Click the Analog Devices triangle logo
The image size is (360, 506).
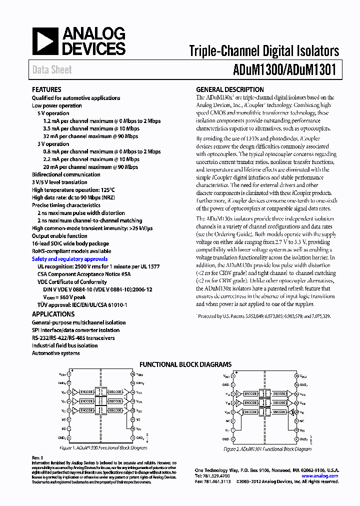(44, 41)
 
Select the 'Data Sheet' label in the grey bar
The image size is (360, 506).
(52, 70)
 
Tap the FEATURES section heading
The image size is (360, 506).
(46, 90)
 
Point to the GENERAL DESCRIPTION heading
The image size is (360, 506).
(230, 90)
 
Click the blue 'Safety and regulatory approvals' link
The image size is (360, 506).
(69, 259)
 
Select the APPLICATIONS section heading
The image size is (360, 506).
(53, 314)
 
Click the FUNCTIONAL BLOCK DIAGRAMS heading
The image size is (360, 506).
(185, 364)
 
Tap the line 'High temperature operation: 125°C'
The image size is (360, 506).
(73, 190)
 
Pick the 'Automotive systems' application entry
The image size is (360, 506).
(56, 353)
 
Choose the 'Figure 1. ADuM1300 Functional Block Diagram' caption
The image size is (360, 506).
(103, 448)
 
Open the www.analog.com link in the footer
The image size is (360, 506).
(320, 476)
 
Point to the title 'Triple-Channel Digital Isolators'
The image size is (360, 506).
(264, 50)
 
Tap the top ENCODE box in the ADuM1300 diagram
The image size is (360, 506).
(85, 391)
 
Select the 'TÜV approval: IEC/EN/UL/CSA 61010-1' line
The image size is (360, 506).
(82, 304)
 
